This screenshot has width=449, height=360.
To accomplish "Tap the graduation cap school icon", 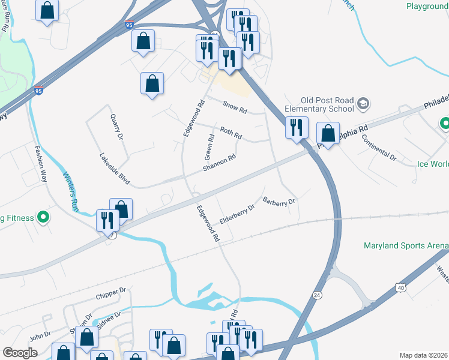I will click(x=363, y=104).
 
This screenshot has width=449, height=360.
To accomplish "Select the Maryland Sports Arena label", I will click(x=406, y=246).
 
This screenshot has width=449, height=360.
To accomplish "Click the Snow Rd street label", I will click(x=235, y=107).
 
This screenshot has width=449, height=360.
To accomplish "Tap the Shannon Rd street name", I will click(x=218, y=163).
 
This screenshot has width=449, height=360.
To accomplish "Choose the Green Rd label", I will click(x=210, y=145).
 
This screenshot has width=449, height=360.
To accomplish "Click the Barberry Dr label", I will click(x=280, y=202).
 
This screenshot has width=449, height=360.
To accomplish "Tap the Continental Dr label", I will click(x=380, y=147).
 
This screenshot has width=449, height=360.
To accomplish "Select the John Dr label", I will click(x=40, y=336).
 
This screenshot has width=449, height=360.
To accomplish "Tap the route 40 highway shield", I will click(x=400, y=289).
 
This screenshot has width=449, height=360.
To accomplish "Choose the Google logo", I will click(x=20, y=353).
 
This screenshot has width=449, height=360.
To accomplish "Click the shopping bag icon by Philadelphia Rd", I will click(x=328, y=133).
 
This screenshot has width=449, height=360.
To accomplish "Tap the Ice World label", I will click(x=432, y=163).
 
